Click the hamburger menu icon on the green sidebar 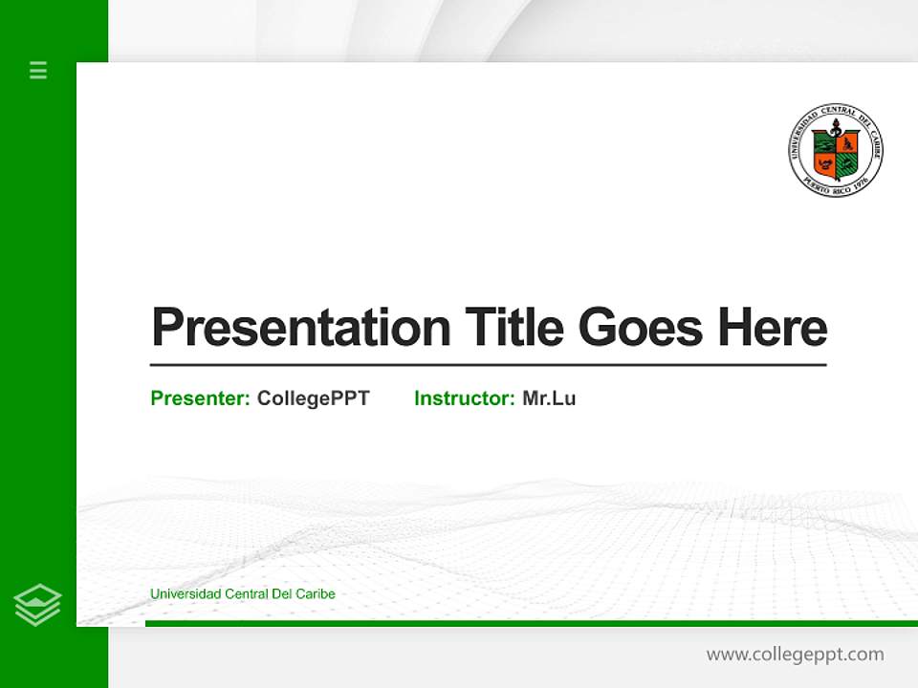pos(38,70)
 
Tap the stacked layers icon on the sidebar pos(37,605)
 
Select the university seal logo pos(836,151)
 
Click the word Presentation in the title pos(301,328)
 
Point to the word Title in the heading pos(514,328)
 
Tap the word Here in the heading pos(772,328)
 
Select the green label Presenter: pos(201,398)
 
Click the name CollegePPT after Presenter pos(314,398)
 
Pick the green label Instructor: pos(465,398)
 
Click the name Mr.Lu pos(549,398)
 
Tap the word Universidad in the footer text pos(185,594)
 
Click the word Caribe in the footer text pos(315,594)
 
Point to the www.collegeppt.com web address pos(795,655)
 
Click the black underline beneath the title pos(488,364)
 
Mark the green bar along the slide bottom pos(531,623)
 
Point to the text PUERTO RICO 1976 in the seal pos(837,185)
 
